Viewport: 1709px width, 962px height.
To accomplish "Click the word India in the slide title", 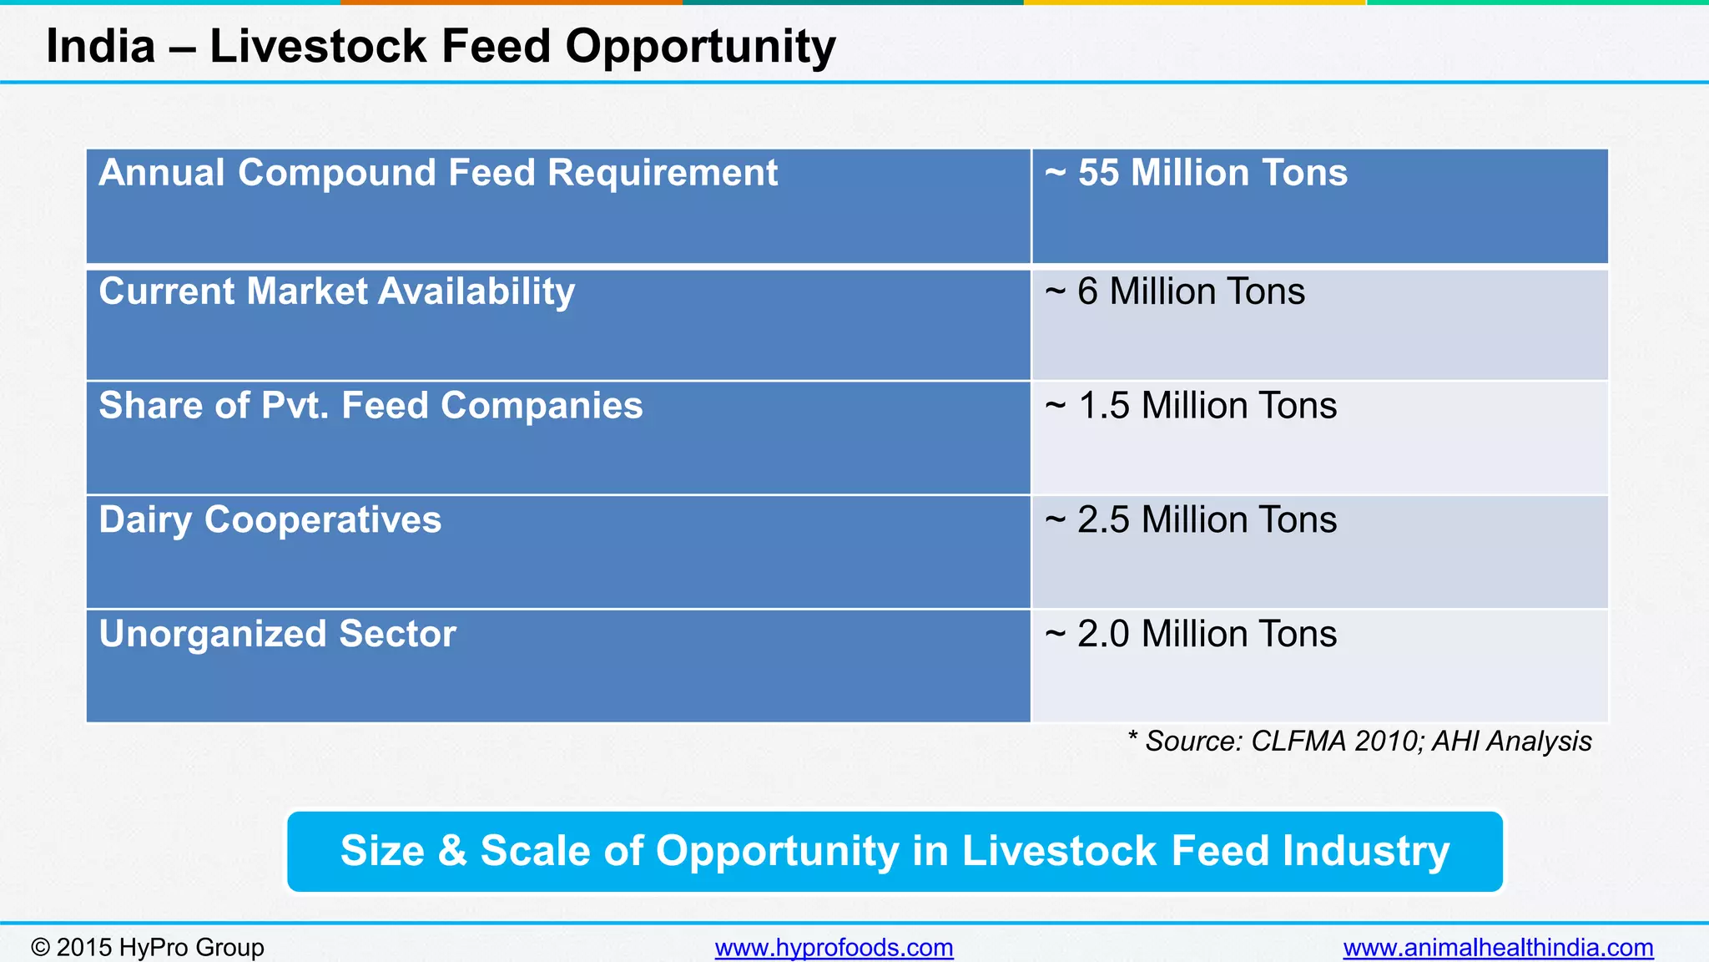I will [x=100, y=46].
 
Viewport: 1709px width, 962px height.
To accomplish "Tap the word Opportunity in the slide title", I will [x=700, y=48].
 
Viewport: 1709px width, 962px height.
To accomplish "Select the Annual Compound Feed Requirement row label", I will [x=438, y=173].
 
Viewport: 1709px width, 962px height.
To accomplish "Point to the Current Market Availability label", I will [x=337, y=291].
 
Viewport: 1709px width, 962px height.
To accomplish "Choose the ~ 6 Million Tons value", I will [x=1175, y=291].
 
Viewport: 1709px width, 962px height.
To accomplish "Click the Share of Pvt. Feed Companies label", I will [x=371, y=406].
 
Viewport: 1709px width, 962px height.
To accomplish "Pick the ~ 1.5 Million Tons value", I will [x=1191, y=406].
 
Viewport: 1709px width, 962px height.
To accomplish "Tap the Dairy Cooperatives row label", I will [x=270, y=520].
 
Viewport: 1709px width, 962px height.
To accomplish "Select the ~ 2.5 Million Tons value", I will [x=1191, y=520].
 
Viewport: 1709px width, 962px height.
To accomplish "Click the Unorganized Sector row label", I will [x=277, y=634].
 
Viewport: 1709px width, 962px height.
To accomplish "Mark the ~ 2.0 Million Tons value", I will [x=1191, y=634].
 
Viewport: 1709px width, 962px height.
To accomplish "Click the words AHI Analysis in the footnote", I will [x=1511, y=742].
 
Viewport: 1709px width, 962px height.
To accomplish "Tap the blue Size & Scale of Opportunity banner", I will [x=895, y=851].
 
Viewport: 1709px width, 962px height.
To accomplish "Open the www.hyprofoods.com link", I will [x=834, y=948].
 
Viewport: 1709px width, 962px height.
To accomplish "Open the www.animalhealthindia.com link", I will [x=1498, y=948].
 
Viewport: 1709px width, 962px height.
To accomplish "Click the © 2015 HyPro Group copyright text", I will [x=148, y=948].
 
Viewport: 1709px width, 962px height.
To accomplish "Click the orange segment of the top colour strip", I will [x=511, y=3].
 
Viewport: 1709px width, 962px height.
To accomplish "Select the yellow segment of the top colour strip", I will [x=1194, y=3].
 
